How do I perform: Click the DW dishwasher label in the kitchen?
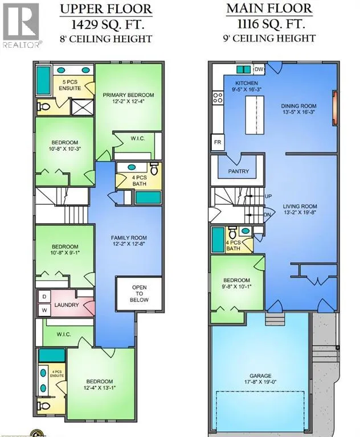[x=259, y=69]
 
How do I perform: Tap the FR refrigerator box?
[x=218, y=142]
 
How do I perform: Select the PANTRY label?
[x=238, y=171]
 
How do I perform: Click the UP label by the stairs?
[x=268, y=196]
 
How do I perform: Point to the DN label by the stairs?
[x=267, y=215]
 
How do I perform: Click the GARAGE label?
[x=260, y=376]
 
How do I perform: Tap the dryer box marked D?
[x=44, y=297]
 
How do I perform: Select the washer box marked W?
[x=44, y=310]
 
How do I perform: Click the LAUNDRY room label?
[x=67, y=305]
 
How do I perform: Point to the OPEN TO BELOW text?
[x=139, y=294]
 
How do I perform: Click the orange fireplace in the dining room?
[x=334, y=109]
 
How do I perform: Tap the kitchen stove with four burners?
[x=218, y=98]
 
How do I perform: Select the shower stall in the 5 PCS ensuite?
[x=83, y=107]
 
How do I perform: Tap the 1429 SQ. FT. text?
[x=108, y=25]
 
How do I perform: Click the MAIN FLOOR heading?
[x=269, y=9]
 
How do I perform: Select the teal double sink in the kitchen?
[x=244, y=69]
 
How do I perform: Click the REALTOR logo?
[x=21, y=26]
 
